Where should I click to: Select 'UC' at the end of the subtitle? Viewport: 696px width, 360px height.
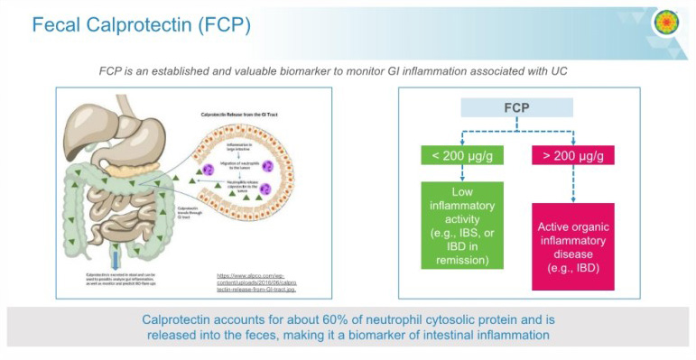click(x=590, y=70)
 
